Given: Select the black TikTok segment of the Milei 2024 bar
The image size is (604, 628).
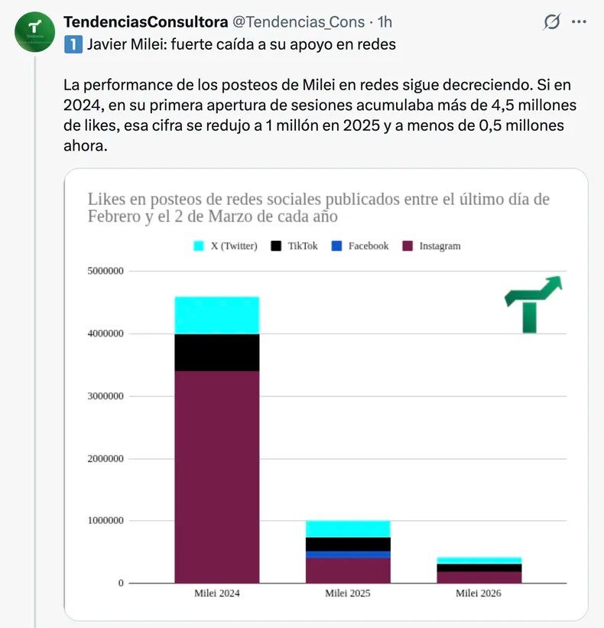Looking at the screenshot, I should tap(217, 353).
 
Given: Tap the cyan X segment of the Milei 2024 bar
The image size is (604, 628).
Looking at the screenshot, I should tap(217, 315).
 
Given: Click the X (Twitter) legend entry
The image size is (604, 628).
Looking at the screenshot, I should tap(225, 246).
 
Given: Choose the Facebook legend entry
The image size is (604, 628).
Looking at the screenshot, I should tap(360, 246).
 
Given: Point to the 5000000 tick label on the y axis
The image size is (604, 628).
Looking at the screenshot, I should tap(104, 272).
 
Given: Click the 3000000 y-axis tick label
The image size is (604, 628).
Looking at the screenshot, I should tap(104, 396).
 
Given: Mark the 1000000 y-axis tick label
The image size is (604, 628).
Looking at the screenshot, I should tap(104, 522).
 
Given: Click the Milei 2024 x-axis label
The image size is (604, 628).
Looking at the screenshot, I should tap(217, 594).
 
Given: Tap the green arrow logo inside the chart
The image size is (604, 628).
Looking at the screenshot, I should tap(533, 304).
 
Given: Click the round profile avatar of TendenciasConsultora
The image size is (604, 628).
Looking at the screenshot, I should tap(34, 33).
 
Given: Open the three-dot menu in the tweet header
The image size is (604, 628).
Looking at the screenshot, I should tap(579, 22).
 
